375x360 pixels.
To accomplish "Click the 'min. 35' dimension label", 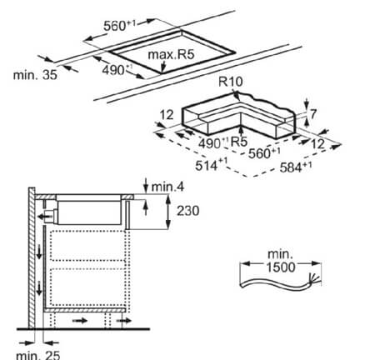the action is coord(35,75).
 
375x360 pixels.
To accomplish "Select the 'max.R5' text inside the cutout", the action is coord(171,54).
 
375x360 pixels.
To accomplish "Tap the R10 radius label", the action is coord(231,82).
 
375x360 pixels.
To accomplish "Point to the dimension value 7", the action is coord(313,114).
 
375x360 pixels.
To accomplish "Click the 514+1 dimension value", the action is coord(211,165).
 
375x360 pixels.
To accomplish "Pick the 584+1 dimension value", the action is coord(296,167).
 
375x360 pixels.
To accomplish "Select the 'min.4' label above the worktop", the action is coord(167,187).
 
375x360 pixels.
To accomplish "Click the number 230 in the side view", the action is coord(188,211).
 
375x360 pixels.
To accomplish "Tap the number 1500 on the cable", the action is coord(281,267).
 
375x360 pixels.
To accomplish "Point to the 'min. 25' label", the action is coord(38,355).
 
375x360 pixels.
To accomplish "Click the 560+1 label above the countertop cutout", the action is coord(120,25).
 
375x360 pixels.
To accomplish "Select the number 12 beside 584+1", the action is coord(317,143).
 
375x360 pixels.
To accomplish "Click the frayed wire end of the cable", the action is coord(314,278).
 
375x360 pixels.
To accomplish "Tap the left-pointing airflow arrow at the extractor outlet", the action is coord(45,217).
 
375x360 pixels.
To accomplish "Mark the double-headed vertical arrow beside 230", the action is coord(168,212).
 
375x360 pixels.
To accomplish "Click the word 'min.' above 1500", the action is coord(280,254).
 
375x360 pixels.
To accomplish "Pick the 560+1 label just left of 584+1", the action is coord(264,152).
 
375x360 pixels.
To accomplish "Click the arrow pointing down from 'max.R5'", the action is coord(163,67).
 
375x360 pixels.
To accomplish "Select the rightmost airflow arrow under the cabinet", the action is coord(123,321).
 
